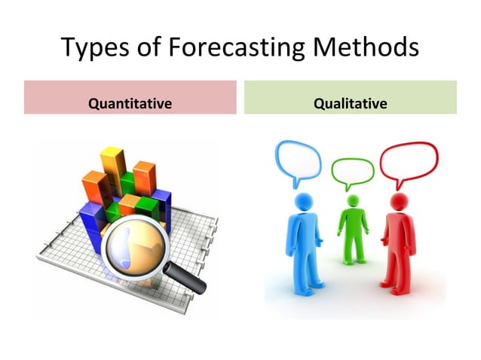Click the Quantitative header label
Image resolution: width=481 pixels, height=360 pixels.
click(x=130, y=102)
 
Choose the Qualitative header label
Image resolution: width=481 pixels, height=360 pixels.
click(x=350, y=102)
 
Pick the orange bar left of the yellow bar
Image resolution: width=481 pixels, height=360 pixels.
click(x=94, y=188)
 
